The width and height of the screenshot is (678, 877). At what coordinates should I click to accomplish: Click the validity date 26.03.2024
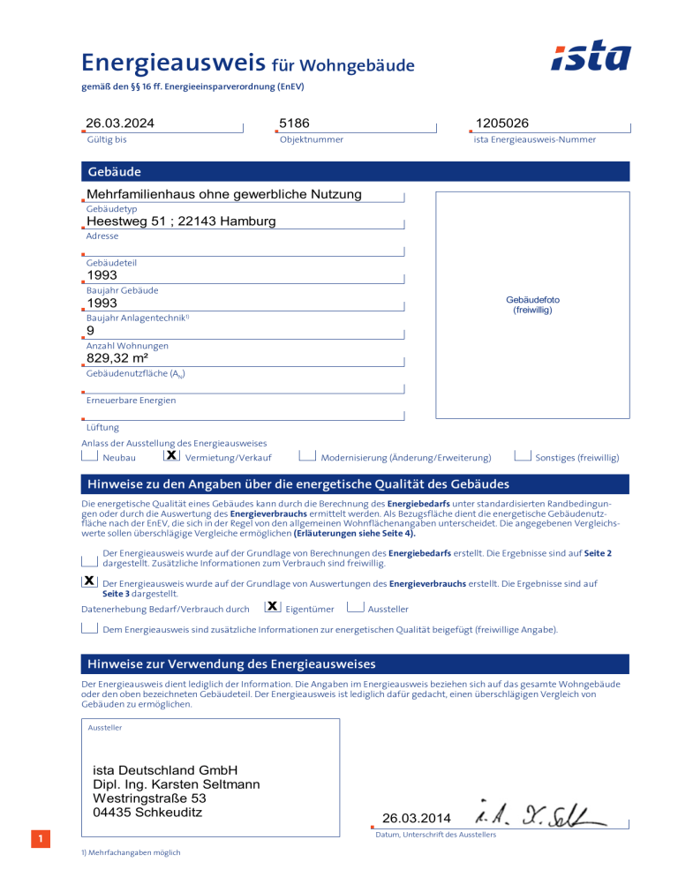click(124, 123)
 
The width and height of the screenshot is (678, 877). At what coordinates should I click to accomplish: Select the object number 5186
click(294, 123)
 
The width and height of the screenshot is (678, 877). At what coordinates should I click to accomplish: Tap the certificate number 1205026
click(501, 123)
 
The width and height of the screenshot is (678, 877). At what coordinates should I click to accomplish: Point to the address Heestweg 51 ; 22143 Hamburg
click(181, 221)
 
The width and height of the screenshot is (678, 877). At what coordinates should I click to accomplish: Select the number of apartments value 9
click(90, 331)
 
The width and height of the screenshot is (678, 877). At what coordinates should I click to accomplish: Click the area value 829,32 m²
click(117, 358)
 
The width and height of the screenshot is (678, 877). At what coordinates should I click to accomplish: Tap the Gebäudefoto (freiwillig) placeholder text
click(532, 304)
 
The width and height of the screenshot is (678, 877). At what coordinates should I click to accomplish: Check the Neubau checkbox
click(89, 456)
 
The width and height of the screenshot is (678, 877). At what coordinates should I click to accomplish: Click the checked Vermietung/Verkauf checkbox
click(172, 456)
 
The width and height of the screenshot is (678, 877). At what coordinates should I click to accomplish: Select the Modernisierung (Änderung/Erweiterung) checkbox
click(308, 456)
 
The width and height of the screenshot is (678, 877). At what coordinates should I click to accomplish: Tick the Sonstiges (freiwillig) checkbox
click(523, 456)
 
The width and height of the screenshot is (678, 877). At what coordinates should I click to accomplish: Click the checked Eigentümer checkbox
click(273, 607)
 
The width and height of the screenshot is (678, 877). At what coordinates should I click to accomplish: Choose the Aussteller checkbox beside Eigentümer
click(356, 607)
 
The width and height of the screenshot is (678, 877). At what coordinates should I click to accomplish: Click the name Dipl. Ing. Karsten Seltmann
click(176, 784)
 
